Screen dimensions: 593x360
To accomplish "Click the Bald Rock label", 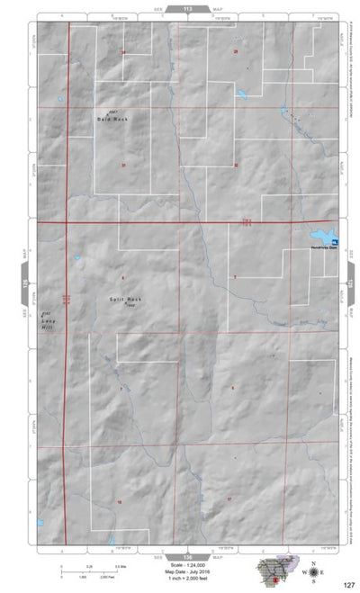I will (114, 119).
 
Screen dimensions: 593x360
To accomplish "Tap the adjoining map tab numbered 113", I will (187, 8).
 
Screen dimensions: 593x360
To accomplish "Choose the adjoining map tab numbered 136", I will (187, 557).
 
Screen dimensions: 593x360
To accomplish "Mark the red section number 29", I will (236, 52).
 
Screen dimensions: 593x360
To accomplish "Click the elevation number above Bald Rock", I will (114, 111).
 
